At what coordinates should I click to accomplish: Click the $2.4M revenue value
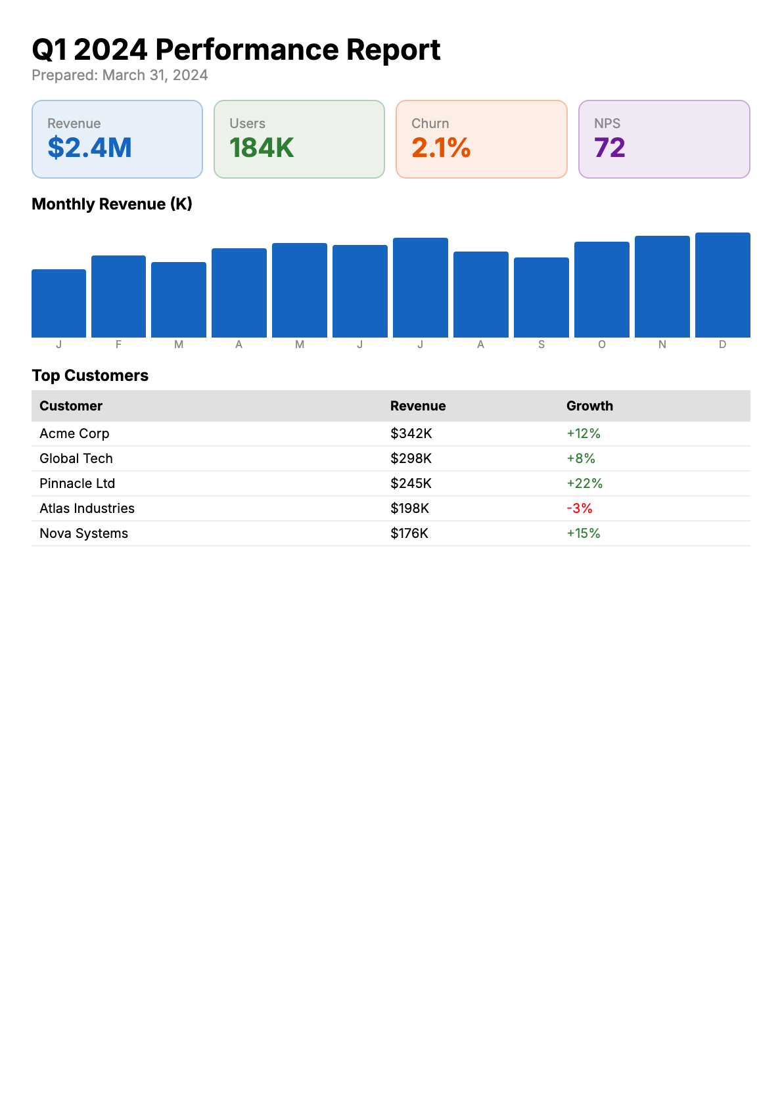(x=89, y=148)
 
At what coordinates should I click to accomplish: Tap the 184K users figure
(x=262, y=148)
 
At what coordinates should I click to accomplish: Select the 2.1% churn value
(x=441, y=148)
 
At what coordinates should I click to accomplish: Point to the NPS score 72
(x=609, y=148)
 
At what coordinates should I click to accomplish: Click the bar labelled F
(x=118, y=296)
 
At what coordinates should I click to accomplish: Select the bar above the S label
(x=541, y=298)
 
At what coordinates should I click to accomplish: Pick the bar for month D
(x=722, y=285)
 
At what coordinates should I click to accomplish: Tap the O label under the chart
(x=601, y=345)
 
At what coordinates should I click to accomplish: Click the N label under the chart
(x=662, y=345)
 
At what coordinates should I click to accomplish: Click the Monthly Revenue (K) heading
(x=112, y=204)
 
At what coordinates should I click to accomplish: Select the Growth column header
(x=589, y=406)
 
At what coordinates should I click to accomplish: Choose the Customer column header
(x=71, y=406)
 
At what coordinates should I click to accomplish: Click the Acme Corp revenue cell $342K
(x=411, y=433)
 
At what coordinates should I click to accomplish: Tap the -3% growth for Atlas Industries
(x=579, y=508)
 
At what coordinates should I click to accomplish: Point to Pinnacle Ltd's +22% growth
(x=584, y=483)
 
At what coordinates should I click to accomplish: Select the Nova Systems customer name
(x=83, y=533)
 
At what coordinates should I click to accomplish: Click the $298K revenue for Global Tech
(x=411, y=458)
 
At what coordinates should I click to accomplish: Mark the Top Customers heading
(x=90, y=376)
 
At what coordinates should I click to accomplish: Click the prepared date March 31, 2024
(x=155, y=76)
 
